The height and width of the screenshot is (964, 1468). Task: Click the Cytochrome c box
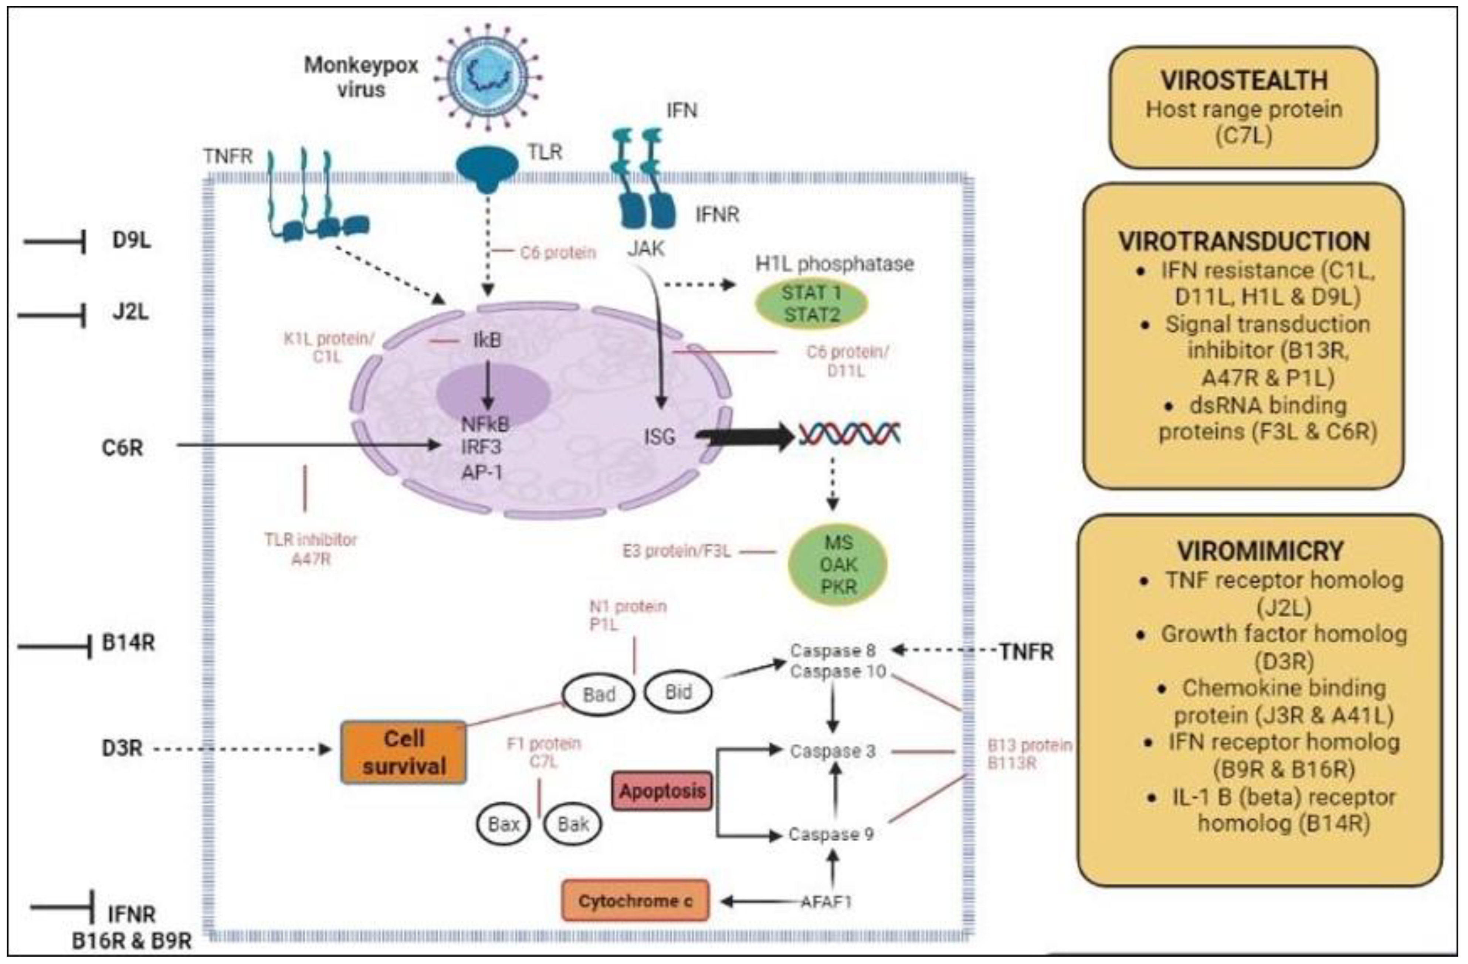tap(635, 901)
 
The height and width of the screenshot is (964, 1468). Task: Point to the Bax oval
tap(503, 824)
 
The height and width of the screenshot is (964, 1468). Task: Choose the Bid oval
tap(678, 692)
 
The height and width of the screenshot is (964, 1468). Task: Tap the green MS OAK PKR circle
tap(838, 564)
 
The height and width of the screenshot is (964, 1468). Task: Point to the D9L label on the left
tap(131, 240)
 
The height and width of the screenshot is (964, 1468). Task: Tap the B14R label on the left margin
tap(128, 643)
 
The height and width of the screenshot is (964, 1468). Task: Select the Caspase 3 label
tap(833, 751)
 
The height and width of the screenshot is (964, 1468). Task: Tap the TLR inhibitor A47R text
tap(311, 549)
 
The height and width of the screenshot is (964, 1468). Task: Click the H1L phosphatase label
tap(834, 264)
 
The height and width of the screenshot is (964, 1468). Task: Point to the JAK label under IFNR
tap(646, 248)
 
